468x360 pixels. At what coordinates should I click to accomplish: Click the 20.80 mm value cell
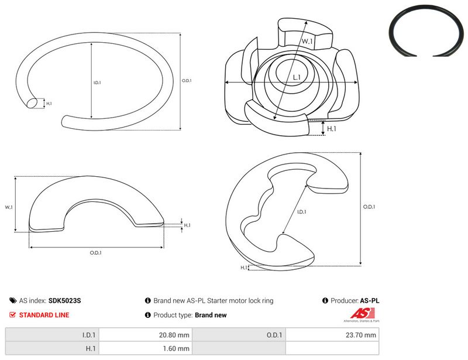(145, 335)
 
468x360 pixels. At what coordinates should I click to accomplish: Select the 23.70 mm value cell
(332, 335)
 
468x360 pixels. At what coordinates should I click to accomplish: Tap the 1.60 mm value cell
(145, 348)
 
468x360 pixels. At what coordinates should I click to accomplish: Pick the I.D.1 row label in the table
(52, 335)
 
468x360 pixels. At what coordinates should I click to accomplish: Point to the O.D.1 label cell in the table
(239, 335)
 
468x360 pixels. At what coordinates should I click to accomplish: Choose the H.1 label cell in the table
(52, 348)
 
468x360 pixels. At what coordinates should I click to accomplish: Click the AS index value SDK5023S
(64, 300)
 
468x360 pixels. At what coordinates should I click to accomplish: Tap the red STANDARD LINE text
(44, 315)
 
